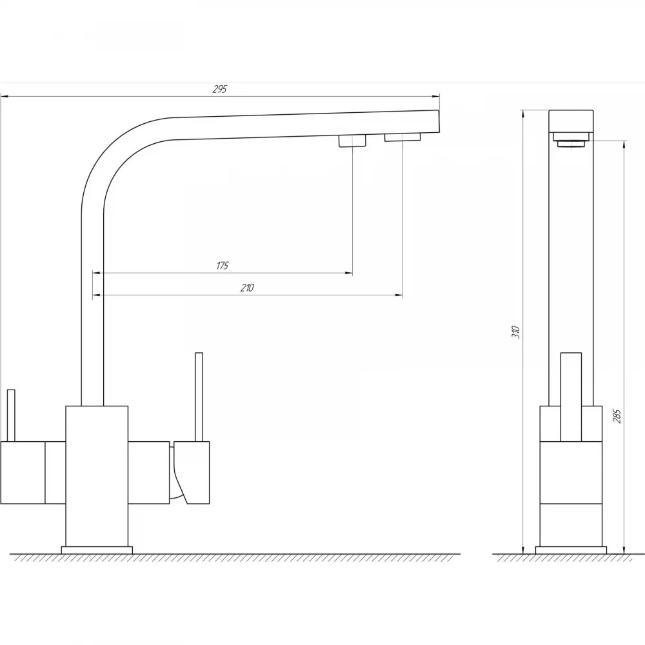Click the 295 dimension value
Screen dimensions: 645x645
(x=220, y=89)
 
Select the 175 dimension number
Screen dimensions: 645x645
(x=222, y=266)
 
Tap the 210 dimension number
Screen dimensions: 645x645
(x=247, y=288)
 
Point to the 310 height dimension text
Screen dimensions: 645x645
(x=516, y=332)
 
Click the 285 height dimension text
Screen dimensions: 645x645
(x=617, y=416)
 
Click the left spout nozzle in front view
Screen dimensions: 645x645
(x=352, y=141)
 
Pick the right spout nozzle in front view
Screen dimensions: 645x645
(x=402, y=137)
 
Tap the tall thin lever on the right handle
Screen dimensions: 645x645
(x=199, y=397)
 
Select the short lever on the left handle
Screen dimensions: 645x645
(x=11, y=415)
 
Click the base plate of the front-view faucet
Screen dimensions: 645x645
(x=97, y=550)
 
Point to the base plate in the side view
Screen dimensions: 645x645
(x=571, y=550)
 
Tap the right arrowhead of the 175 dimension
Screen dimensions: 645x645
(x=349, y=273)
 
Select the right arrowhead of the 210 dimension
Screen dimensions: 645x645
(x=399, y=295)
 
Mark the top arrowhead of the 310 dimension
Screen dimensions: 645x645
(x=522, y=114)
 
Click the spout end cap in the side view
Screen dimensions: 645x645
(x=571, y=121)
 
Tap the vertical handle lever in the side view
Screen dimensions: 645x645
(x=571, y=397)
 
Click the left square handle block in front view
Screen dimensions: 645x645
(x=23, y=473)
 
